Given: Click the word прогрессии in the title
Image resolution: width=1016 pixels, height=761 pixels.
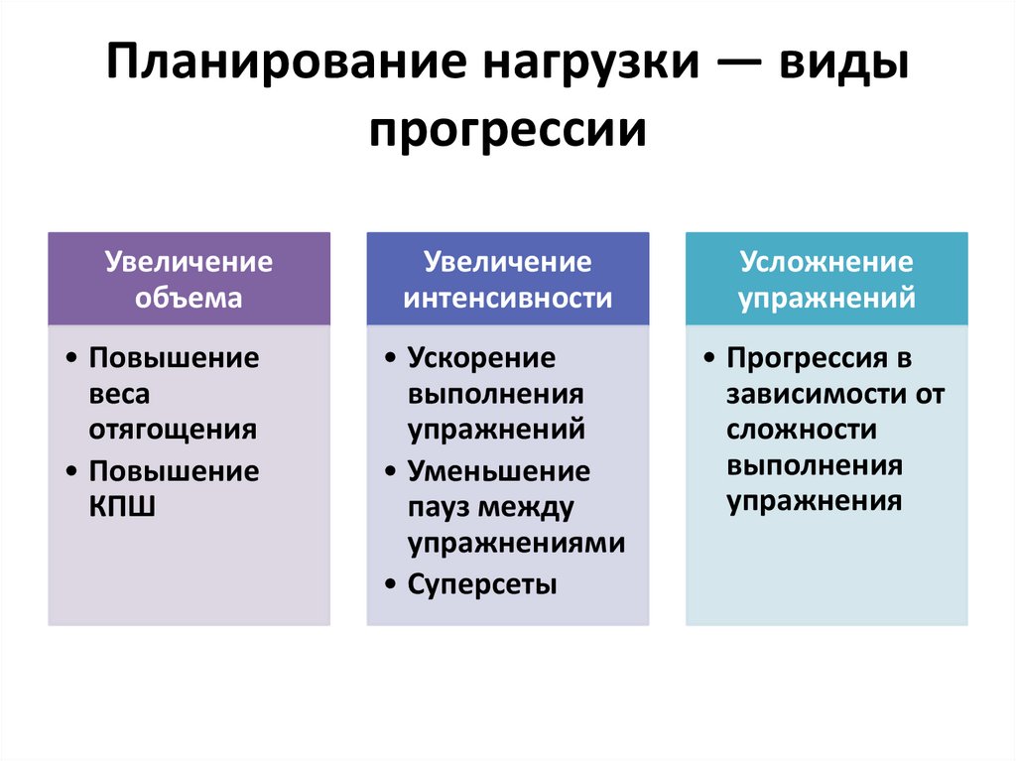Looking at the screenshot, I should click(508, 130).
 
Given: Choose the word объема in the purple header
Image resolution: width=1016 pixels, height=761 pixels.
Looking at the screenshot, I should click(189, 298).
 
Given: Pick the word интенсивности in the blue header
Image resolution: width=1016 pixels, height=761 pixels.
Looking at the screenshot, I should click(508, 298).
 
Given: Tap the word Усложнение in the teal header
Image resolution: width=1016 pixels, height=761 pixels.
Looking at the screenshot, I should click(825, 262).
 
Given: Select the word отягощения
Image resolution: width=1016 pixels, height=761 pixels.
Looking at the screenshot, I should click(173, 430).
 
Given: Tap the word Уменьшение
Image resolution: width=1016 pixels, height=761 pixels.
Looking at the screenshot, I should click(498, 470).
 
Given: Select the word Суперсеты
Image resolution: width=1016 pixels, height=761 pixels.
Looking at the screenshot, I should click(482, 583).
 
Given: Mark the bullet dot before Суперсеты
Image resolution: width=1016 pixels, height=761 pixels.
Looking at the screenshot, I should click(392, 583).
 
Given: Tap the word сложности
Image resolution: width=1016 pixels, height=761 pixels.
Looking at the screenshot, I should click(800, 430).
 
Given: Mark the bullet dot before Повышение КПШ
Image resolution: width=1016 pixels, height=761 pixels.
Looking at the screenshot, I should click(73, 470).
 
